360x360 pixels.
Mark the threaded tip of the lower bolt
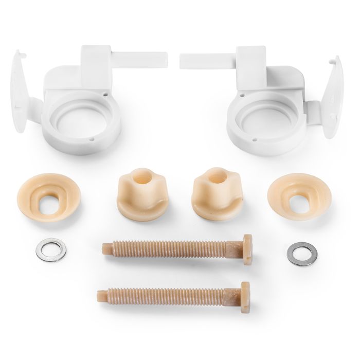[101, 296]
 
